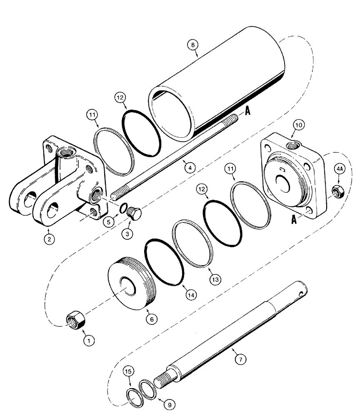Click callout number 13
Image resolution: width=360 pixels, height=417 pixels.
(215, 278)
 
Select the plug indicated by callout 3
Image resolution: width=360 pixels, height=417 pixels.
(135, 214)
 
